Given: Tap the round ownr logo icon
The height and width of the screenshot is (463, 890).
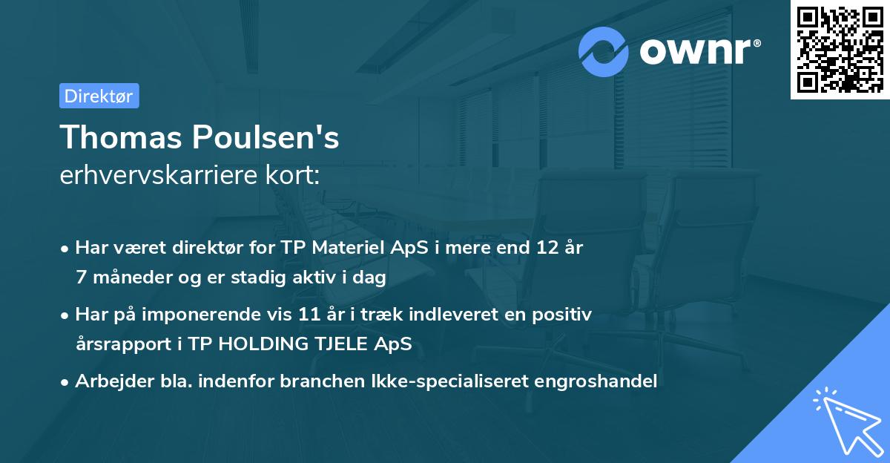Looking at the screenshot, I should coord(604,51).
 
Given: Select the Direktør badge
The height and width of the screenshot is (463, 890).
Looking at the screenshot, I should coord(99,96).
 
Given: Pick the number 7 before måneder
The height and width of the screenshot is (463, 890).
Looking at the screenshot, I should coord(81,278).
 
